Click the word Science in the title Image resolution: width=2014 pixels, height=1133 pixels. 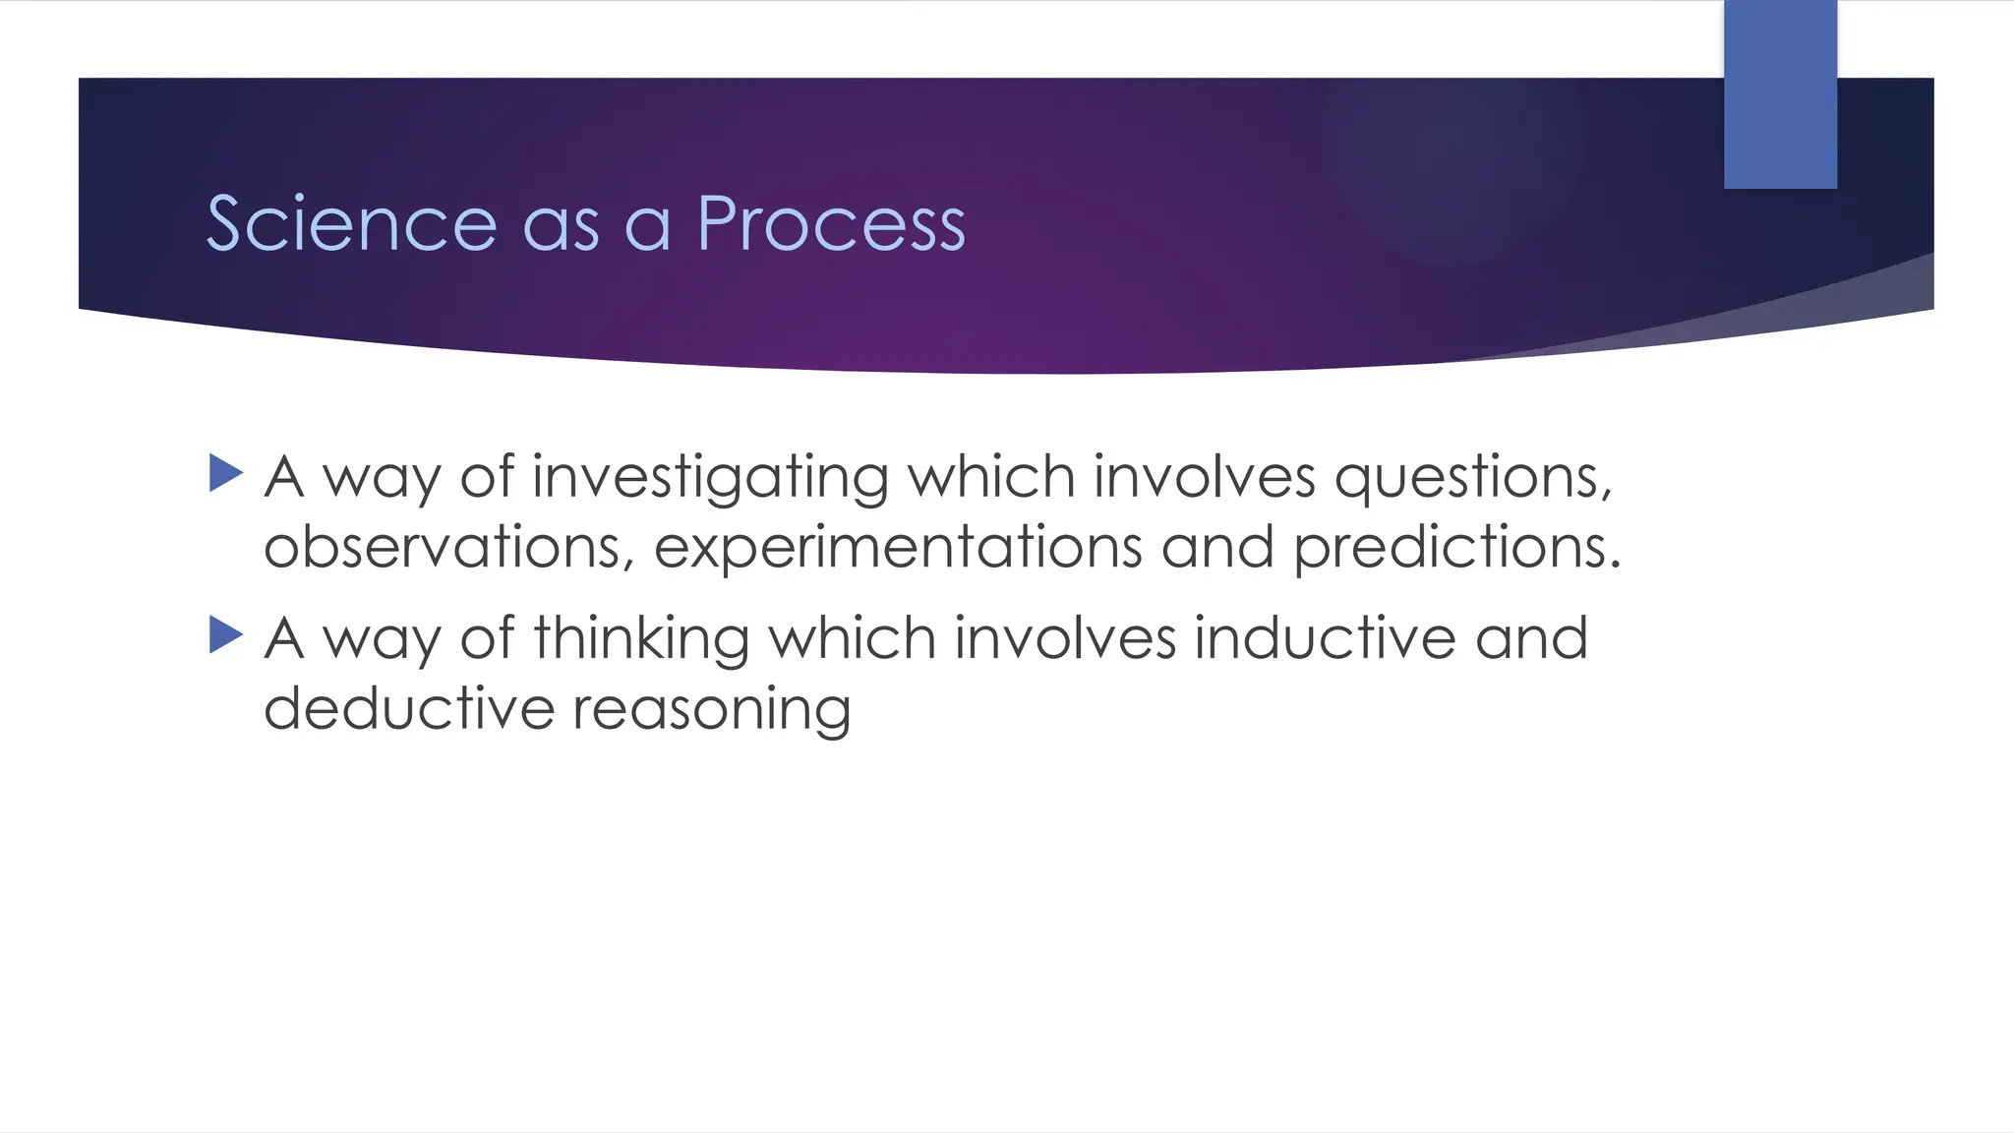[x=351, y=224]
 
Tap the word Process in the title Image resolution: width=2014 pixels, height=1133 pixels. [x=831, y=224]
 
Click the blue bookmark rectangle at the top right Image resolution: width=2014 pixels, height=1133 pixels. [x=1780, y=94]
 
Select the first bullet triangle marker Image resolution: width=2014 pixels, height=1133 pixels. [x=226, y=473]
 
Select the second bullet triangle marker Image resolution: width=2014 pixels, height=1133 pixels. [x=226, y=635]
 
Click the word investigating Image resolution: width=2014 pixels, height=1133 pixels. [x=710, y=479]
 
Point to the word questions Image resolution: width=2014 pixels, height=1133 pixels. [x=1472, y=479]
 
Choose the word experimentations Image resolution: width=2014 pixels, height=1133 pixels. [x=898, y=549]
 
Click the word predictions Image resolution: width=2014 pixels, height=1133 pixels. [x=1455, y=549]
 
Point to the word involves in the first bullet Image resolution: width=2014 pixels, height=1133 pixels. [x=1204, y=477]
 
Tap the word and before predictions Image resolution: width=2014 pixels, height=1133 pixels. [x=1216, y=547]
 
